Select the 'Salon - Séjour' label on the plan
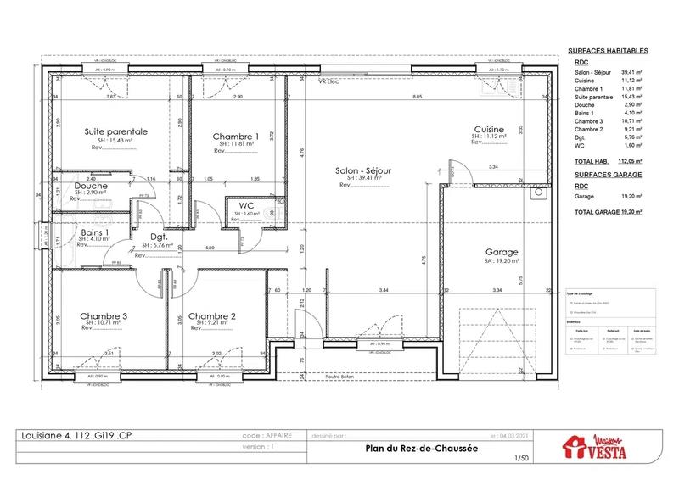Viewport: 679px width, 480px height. coord(362,170)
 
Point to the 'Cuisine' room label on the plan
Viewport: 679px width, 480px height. coord(490,130)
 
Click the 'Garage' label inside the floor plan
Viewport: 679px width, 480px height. coord(502,252)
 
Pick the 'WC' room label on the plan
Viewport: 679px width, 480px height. coord(247,206)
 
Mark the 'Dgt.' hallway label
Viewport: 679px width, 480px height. coord(157,238)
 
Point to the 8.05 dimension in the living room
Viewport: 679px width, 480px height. coord(417,98)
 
